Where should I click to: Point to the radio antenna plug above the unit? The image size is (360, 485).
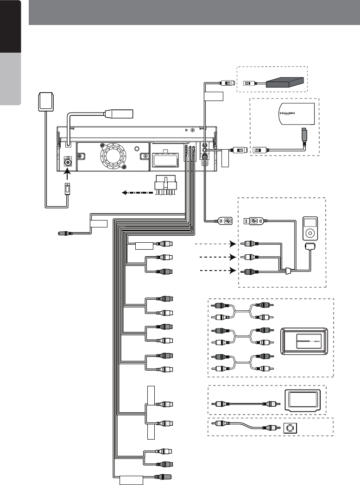click(x=118, y=113)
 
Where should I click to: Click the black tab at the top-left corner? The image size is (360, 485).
click(x=11, y=26)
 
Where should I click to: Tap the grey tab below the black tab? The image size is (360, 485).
click(x=11, y=79)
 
